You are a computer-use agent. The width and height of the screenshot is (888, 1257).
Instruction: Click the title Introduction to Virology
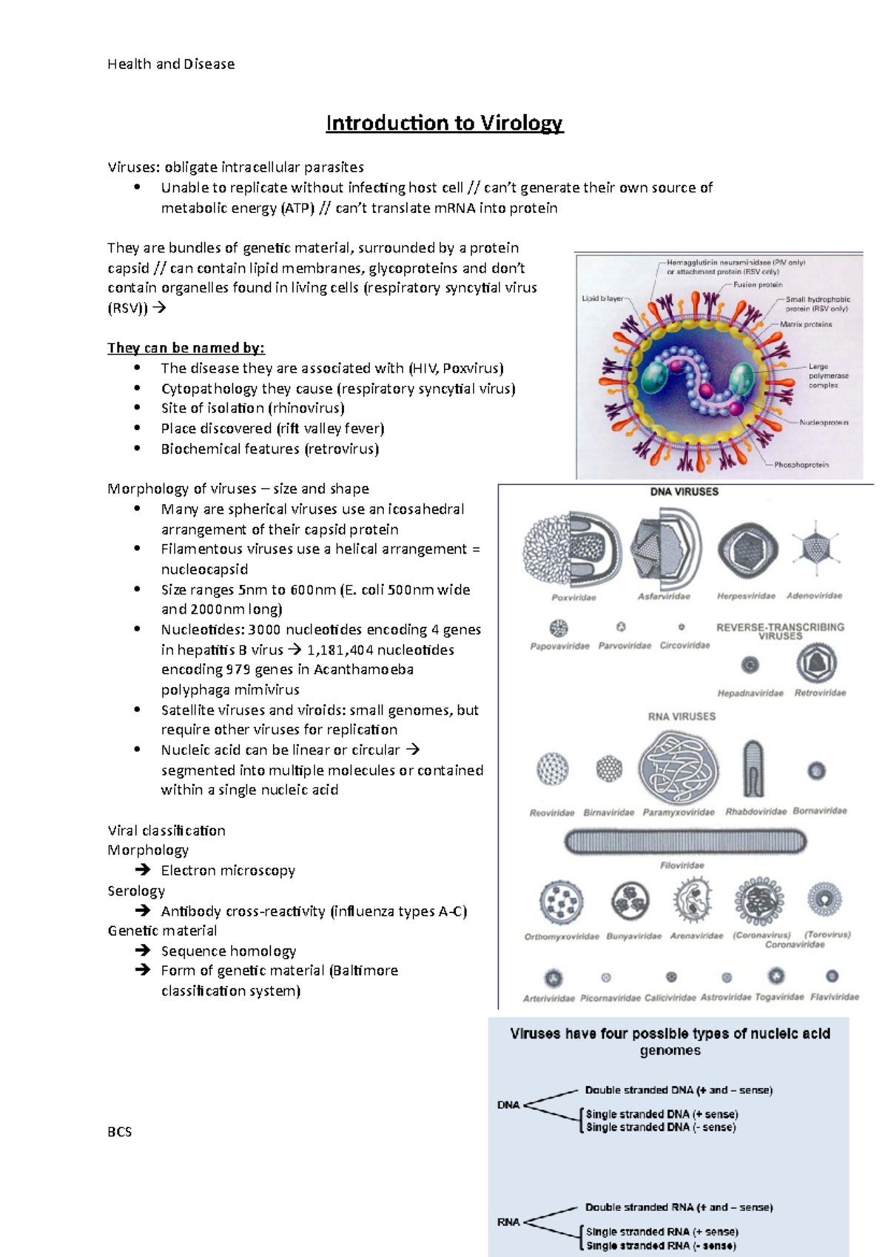click(x=444, y=123)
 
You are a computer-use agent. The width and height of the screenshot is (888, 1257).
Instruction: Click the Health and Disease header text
click(x=171, y=64)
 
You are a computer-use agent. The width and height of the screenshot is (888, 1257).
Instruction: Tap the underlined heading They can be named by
click(x=186, y=348)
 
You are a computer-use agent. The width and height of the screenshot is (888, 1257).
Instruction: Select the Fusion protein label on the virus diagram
click(x=757, y=284)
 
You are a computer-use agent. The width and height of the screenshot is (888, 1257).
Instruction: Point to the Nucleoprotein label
click(x=824, y=423)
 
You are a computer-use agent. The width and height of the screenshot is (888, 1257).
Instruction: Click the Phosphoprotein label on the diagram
click(x=801, y=465)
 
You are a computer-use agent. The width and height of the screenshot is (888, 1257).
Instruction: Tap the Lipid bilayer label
click(x=602, y=298)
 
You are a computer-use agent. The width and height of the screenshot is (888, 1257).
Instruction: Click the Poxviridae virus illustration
click(x=572, y=549)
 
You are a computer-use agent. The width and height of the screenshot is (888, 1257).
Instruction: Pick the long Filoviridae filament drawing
click(x=684, y=842)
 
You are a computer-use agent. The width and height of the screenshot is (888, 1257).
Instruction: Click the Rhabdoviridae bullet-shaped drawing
click(x=753, y=769)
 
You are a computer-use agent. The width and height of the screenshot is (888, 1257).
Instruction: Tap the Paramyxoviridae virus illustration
click(x=679, y=768)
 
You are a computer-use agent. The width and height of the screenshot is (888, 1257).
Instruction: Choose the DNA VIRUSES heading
click(x=684, y=492)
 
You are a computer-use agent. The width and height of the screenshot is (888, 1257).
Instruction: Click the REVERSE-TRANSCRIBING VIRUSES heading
click(x=779, y=631)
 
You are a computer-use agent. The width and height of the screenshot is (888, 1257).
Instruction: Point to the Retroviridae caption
click(x=820, y=694)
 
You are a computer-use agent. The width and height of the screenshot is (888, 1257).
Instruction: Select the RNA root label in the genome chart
click(x=508, y=1222)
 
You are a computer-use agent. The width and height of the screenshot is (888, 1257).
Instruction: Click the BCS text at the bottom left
click(x=119, y=1132)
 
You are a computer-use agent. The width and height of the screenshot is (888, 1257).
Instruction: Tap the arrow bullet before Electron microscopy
click(x=143, y=871)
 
